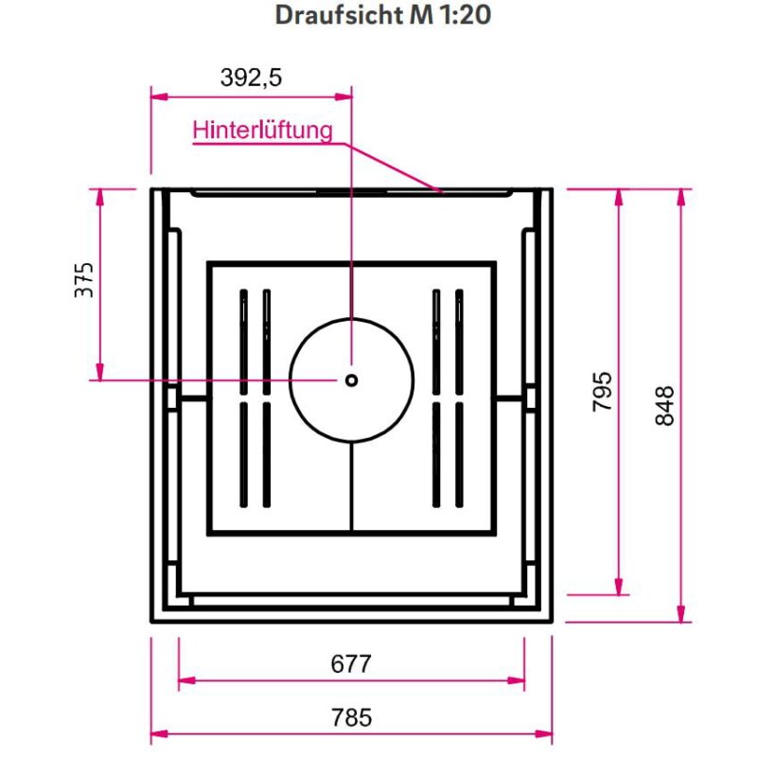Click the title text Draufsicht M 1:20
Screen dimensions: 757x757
click(383, 15)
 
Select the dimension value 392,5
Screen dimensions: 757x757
click(251, 78)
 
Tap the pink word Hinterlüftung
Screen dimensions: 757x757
click(263, 131)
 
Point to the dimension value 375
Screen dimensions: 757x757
click(84, 280)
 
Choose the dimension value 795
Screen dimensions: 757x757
click(602, 392)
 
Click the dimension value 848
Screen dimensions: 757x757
click(664, 406)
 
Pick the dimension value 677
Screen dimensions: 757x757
click(351, 664)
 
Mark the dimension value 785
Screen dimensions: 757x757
click(351, 717)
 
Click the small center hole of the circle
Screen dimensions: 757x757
click(351, 380)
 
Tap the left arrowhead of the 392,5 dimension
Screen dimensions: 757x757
click(159, 97)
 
